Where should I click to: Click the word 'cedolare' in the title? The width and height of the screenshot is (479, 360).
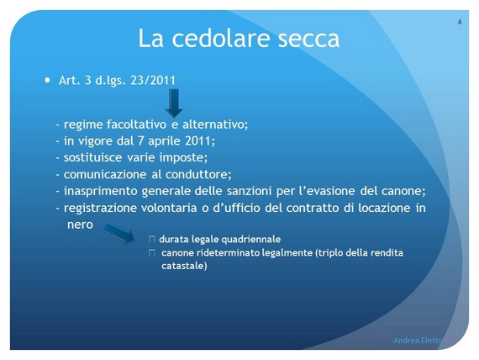(x=221, y=38)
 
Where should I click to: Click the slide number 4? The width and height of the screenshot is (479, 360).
(x=459, y=22)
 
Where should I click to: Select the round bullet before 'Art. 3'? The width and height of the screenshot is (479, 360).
(x=47, y=81)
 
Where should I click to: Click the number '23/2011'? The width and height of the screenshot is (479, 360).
(x=153, y=81)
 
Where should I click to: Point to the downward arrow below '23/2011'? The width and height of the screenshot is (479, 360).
(x=174, y=103)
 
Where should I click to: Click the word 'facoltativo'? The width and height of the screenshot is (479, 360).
(x=136, y=124)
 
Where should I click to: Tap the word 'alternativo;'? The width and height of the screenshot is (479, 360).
(x=215, y=124)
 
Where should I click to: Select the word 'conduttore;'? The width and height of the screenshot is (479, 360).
(x=198, y=174)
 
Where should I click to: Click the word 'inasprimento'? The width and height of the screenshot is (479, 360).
(x=101, y=191)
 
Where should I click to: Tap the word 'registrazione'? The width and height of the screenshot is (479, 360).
(x=100, y=208)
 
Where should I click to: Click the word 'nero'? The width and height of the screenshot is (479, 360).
(x=80, y=225)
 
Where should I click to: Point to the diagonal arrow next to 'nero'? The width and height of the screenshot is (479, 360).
(x=119, y=233)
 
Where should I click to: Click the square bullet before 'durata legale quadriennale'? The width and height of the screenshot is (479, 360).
(x=152, y=239)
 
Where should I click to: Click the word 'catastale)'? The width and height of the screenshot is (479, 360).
(x=184, y=266)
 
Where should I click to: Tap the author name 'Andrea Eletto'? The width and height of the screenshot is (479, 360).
(x=418, y=340)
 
